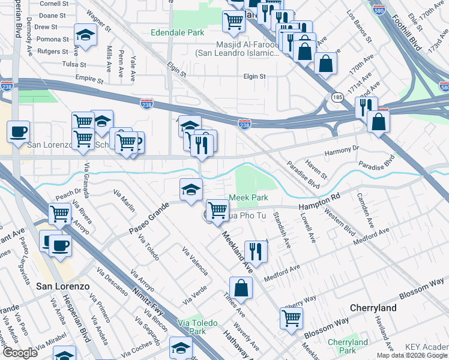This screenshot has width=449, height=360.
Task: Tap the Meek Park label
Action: coord(248,198)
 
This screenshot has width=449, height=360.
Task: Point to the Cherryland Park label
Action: coord(348,346)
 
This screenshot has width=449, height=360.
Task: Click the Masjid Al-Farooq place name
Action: coord(237,49)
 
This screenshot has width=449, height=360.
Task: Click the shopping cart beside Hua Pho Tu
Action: coord(217,210)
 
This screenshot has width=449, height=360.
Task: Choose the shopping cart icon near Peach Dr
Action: coord(59,213)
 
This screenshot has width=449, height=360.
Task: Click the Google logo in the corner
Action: coord(20,353)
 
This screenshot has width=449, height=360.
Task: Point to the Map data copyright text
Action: coord(412,355)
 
